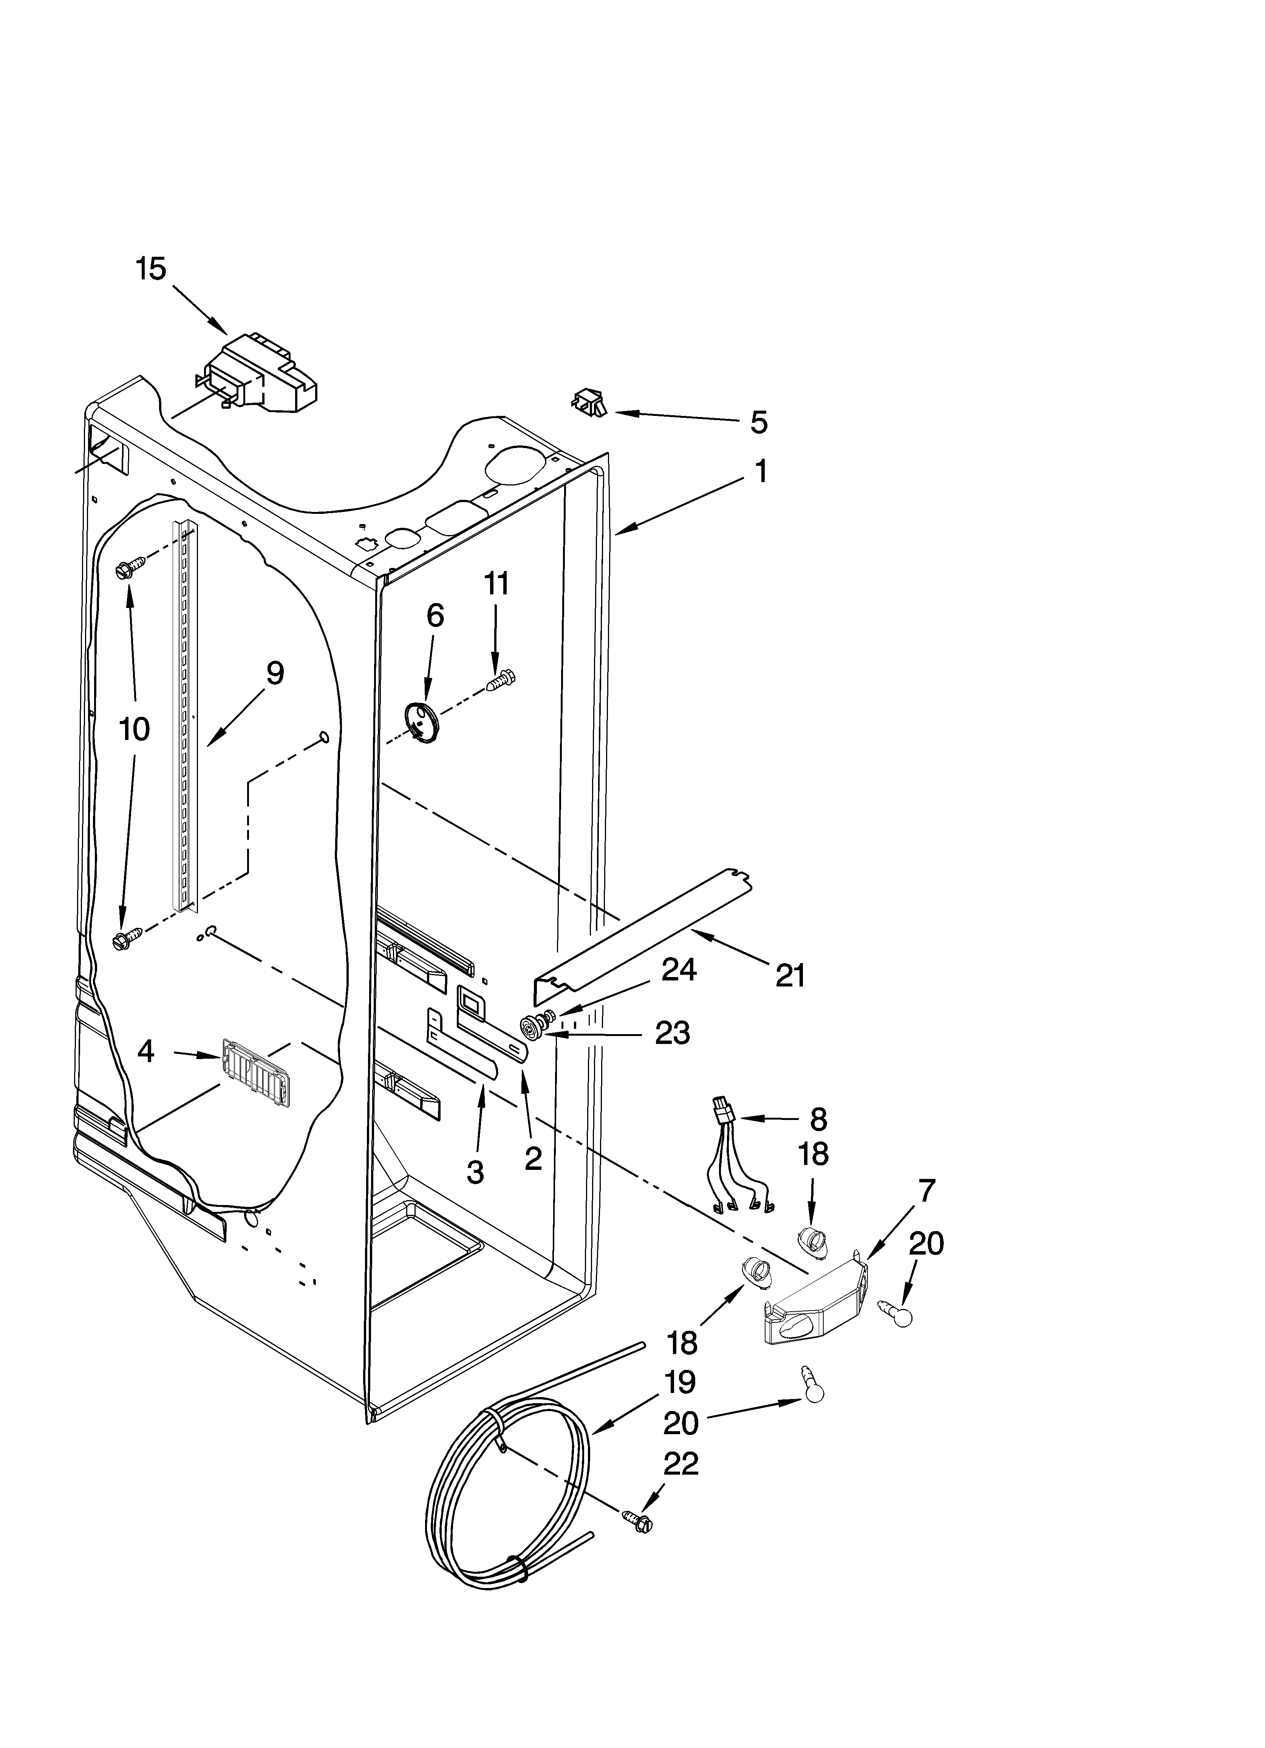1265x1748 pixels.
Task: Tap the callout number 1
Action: (x=760, y=471)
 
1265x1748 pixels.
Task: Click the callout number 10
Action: (x=134, y=728)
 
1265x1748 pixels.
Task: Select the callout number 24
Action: (x=678, y=969)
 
